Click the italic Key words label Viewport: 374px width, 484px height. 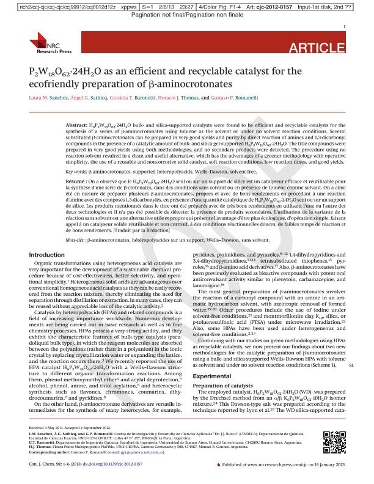tap(76, 173)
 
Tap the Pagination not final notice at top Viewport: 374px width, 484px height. tap(187, 14)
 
